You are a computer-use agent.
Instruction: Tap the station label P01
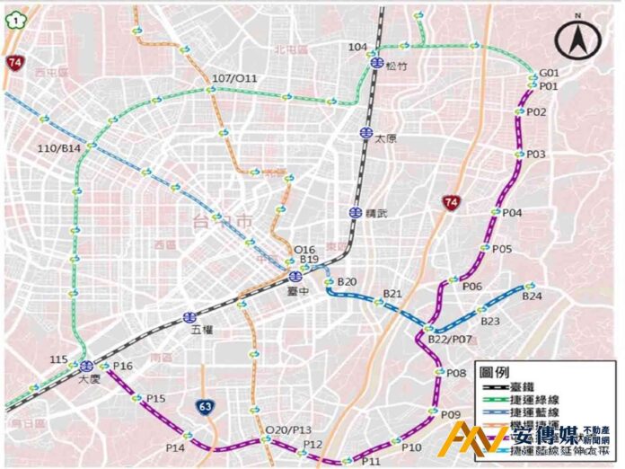549,86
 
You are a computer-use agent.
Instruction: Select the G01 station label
549,73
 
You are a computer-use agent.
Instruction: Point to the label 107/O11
234,79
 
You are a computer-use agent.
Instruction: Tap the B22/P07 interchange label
449,339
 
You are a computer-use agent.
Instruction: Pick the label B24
532,296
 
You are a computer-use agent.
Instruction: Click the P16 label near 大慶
122,367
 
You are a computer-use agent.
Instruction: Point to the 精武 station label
377,213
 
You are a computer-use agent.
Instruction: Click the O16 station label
305,249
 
